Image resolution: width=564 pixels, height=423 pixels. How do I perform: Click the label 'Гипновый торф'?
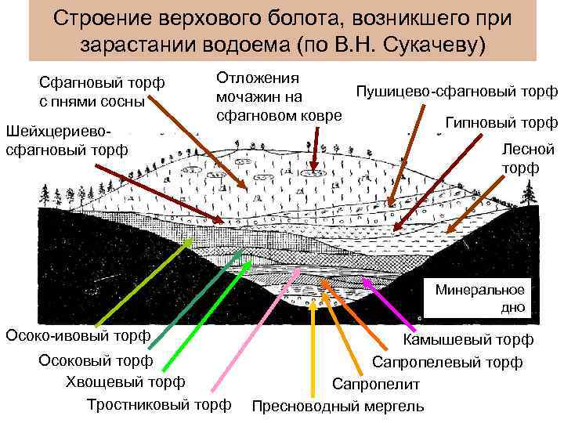point(501,122)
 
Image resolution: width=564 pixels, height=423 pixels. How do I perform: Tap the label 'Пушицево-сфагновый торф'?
point(457,92)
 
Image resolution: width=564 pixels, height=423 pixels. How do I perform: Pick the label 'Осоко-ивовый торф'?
point(78,336)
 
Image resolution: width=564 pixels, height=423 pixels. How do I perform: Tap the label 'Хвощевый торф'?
point(126,381)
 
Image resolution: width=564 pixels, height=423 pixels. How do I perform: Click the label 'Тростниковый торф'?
point(160,404)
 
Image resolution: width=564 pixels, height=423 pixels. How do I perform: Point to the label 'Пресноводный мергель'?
point(338,406)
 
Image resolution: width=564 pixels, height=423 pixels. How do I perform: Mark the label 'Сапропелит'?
point(376,385)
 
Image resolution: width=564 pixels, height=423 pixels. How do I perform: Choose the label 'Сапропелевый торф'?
point(446,362)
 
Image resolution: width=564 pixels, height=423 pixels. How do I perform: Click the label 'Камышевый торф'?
point(468,339)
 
